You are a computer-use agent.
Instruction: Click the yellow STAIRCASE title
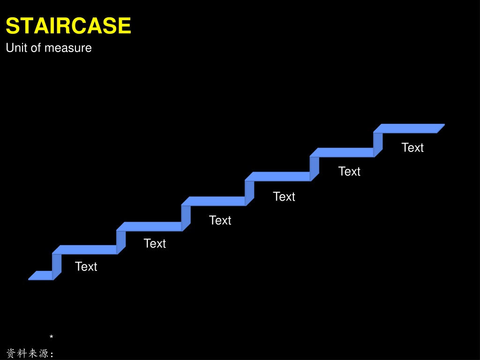click(68, 25)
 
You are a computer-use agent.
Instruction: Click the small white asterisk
click(52, 337)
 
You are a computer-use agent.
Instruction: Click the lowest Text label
click(86, 266)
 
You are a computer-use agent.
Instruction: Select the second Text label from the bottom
click(155, 243)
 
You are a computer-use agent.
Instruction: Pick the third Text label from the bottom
click(220, 220)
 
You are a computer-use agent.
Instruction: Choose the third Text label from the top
click(284, 196)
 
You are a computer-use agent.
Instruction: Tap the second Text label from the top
click(349, 171)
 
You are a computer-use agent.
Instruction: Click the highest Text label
click(412, 147)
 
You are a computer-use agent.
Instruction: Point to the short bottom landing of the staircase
click(41, 275)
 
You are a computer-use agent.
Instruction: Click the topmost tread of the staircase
click(409, 128)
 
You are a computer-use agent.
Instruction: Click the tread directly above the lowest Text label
click(85, 249)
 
